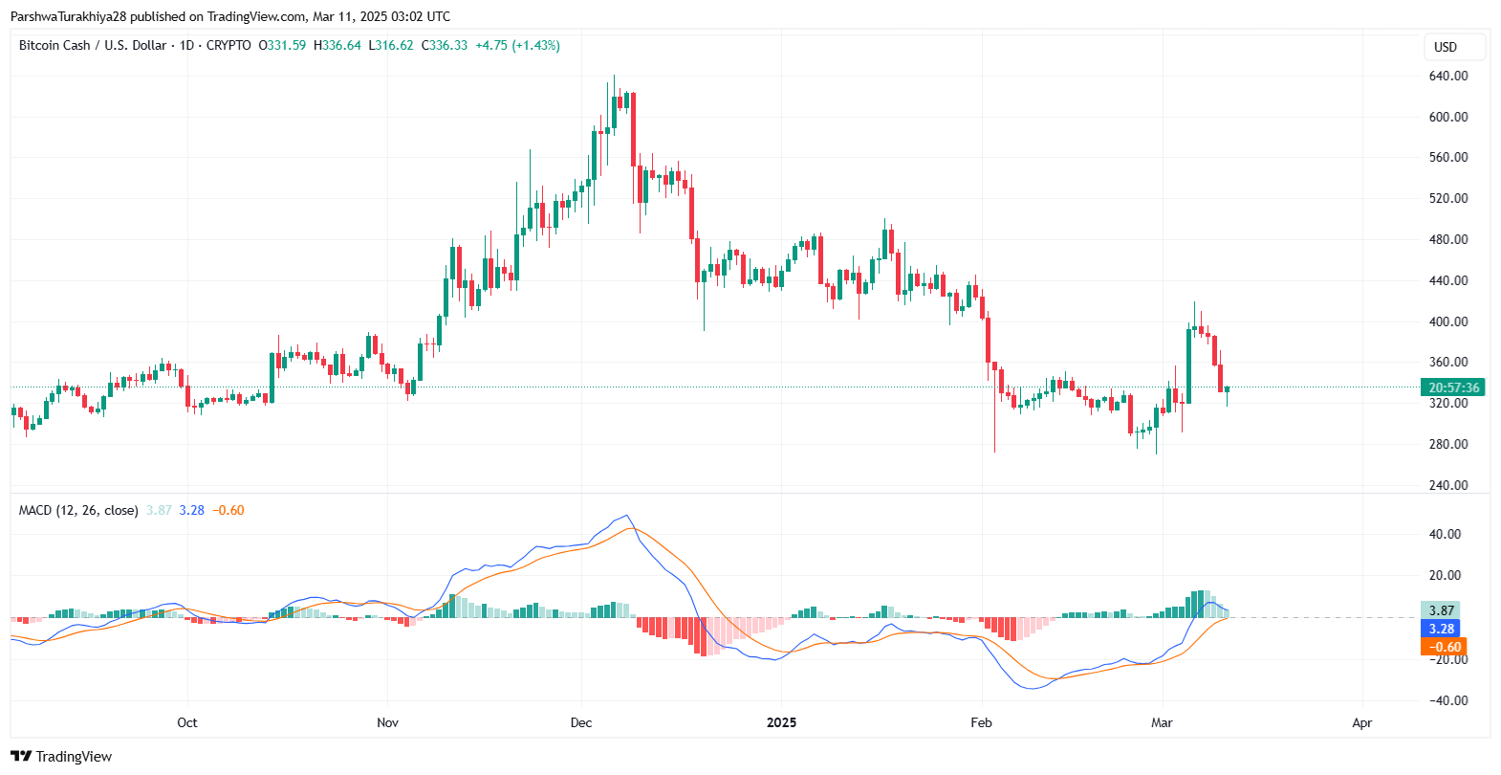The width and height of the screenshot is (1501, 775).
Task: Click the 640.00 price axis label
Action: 1447,76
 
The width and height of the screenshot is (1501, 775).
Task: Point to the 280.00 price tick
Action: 1447,444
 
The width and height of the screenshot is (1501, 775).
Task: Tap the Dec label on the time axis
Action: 581,722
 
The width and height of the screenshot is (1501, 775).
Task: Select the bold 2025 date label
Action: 781,722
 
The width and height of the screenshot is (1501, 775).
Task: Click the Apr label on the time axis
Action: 1362,722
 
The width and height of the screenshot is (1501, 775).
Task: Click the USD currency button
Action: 1446,47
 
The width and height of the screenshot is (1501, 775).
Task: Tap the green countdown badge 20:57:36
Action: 1452,387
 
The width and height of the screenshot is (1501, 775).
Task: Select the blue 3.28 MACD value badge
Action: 1441,629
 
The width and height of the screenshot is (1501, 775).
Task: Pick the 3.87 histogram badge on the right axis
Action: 1441,610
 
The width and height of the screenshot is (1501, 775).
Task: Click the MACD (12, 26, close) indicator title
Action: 78,510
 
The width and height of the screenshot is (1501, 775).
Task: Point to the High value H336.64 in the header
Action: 337,45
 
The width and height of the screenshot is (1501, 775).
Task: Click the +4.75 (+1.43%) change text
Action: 517,45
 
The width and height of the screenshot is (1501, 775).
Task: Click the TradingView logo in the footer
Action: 61,756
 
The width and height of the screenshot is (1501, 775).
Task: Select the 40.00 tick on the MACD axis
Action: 1445,534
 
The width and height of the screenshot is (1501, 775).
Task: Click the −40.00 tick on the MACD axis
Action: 1443,700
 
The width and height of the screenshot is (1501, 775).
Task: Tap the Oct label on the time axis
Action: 187,722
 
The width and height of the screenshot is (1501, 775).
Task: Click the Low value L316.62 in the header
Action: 391,45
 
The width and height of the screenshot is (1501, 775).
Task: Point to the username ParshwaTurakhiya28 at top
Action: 68,16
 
